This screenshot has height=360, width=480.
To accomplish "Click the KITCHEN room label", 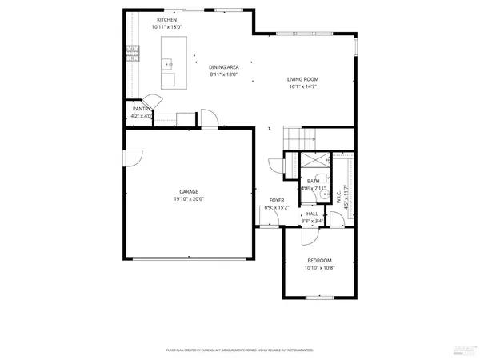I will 166,19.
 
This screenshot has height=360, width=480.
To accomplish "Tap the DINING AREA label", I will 224,67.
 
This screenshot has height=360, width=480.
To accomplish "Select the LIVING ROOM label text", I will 303,78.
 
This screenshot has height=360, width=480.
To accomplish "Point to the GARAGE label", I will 189,192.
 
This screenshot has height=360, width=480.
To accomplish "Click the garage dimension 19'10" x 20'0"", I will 189,199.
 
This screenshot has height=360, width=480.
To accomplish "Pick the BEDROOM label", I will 319,261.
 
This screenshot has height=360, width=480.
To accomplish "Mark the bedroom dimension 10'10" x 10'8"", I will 319,268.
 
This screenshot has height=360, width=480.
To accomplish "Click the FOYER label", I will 276,200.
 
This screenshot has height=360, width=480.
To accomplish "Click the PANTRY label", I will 142,109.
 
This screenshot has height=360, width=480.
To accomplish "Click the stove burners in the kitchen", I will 132,54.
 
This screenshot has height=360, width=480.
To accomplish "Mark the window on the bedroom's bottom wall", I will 319,298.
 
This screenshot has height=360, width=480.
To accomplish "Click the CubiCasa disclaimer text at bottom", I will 239,350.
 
